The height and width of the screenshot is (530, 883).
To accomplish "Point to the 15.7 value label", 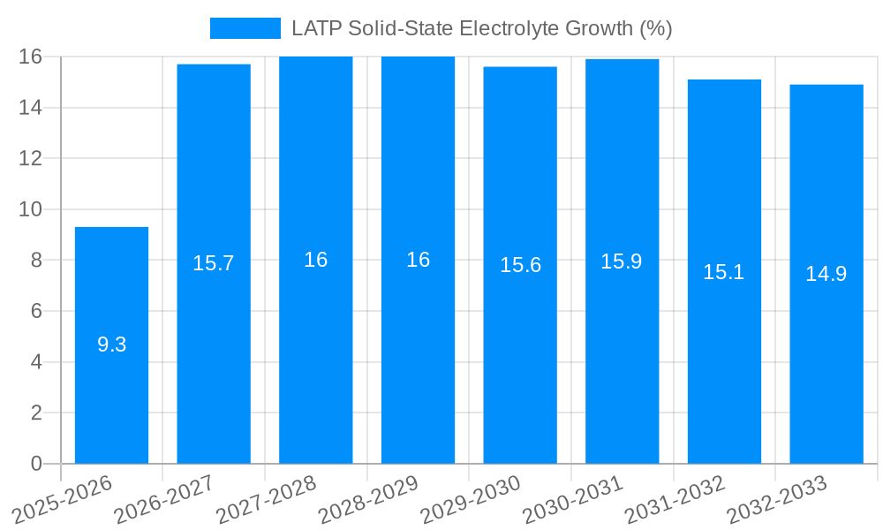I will [214, 263].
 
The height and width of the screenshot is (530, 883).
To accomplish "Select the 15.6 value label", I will [520, 265].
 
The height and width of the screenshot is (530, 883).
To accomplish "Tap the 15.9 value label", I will [622, 261].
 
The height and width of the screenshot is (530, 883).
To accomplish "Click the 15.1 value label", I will [724, 272].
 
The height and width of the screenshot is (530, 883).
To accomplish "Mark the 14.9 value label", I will [826, 274].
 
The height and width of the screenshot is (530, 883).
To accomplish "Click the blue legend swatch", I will [245, 28].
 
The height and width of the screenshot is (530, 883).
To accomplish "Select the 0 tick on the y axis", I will [36, 464].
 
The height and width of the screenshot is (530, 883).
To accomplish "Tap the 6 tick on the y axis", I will [36, 311].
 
